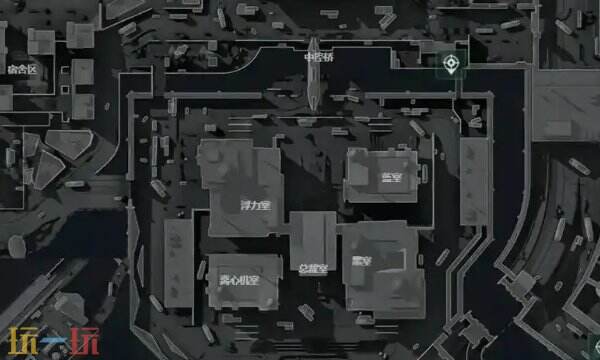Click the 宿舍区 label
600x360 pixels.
[21, 69]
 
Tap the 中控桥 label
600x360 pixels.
[319, 57]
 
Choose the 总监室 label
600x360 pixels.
[312, 268]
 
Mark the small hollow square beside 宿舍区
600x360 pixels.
[41, 41]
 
